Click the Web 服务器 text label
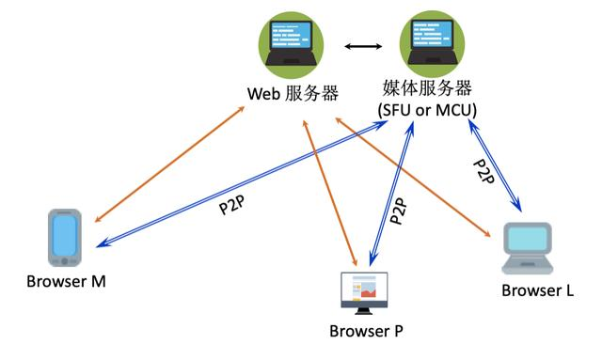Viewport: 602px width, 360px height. pyautogui.click(x=293, y=93)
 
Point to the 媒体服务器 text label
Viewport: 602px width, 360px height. pyautogui.click(x=427, y=89)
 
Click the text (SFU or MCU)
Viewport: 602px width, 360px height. pyautogui.click(x=427, y=110)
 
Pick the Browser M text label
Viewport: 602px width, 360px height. pyautogui.click(x=65, y=282)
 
